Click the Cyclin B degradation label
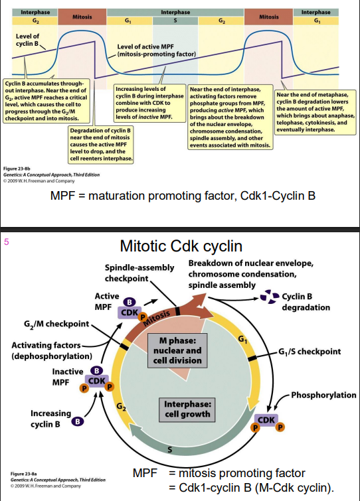tap(306, 302)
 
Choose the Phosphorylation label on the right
tap(325, 395)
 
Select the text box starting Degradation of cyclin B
tap(102, 144)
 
